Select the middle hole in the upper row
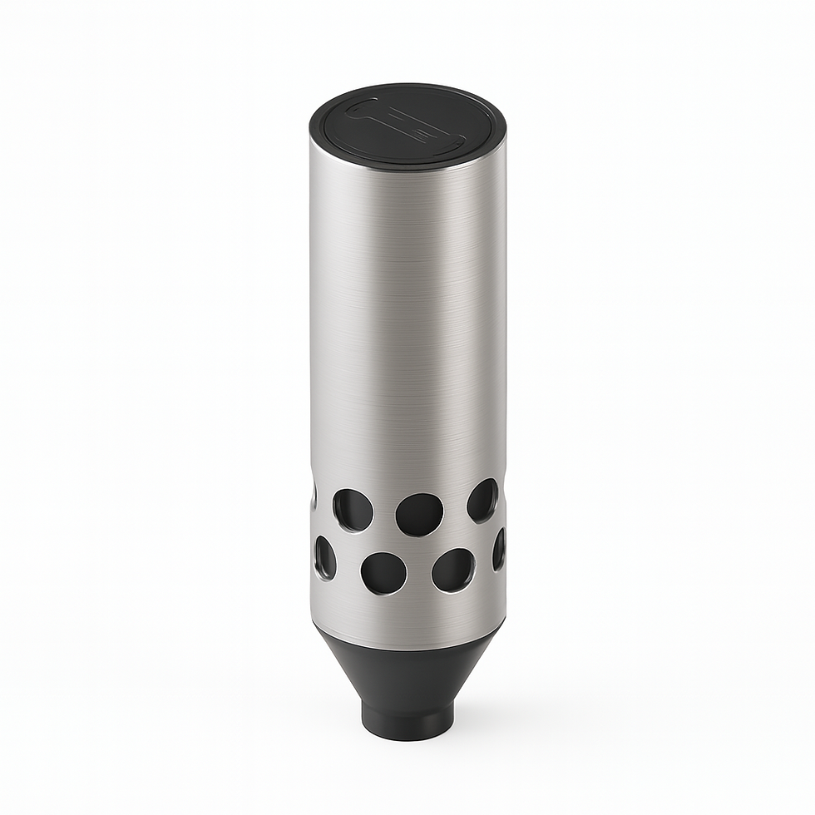[x=419, y=514]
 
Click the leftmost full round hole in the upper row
[x=353, y=510]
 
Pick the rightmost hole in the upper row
[x=482, y=500]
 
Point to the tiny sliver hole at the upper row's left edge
[x=314, y=496]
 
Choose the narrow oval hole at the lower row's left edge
[x=324, y=557]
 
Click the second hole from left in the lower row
[x=383, y=573]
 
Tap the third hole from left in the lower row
[x=453, y=570]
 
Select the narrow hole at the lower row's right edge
[x=499, y=550]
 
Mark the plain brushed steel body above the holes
[x=407, y=333]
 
